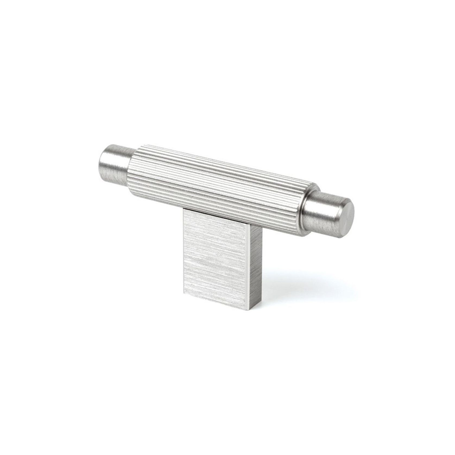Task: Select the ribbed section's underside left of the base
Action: tap(157, 200)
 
